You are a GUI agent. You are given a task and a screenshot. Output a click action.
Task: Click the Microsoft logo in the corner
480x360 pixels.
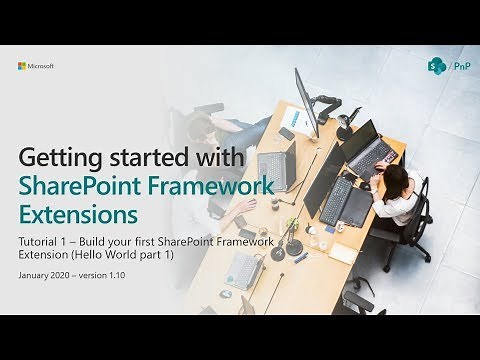(35, 66)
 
